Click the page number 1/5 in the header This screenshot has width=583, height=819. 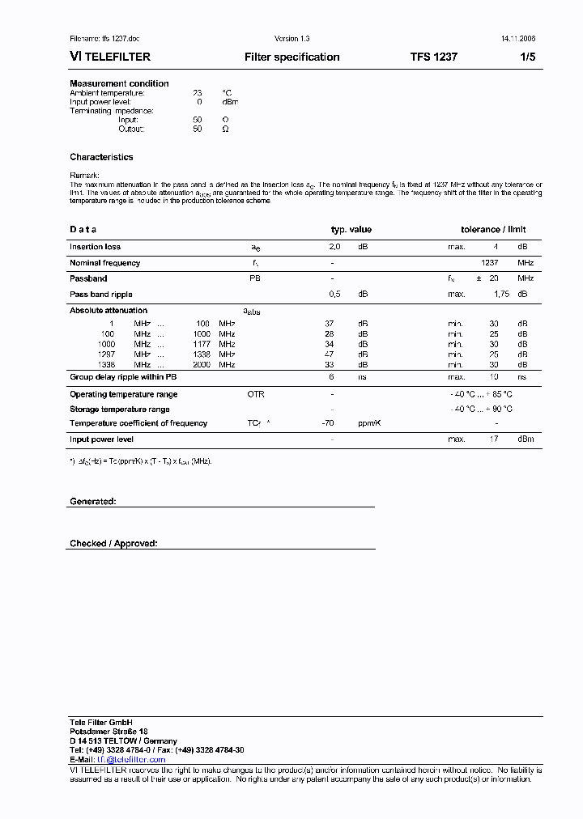[527, 57]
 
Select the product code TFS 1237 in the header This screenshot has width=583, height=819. [433, 57]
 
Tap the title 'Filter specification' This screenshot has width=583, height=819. [291, 57]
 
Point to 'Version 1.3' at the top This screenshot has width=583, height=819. [291, 39]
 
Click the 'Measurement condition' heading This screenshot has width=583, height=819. [119, 83]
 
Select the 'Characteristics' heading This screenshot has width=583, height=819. [101, 157]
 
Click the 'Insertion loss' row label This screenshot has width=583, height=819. [95, 247]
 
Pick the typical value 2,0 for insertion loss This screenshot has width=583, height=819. [334, 247]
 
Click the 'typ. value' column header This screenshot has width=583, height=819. [351, 230]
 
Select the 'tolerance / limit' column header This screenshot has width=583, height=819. [493, 230]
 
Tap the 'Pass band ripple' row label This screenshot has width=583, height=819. [100, 295]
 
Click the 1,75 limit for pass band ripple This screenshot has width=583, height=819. [501, 295]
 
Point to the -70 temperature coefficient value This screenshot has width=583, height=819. [328, 423]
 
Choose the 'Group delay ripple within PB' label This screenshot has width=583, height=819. [123, 377]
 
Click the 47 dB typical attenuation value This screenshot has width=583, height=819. [330, 354]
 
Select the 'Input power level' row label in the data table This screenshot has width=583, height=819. [101, 439]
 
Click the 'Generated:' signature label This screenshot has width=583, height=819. [92, 502]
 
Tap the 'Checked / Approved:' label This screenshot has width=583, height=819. [113, 544]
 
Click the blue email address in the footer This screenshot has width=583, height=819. [131, 760]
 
